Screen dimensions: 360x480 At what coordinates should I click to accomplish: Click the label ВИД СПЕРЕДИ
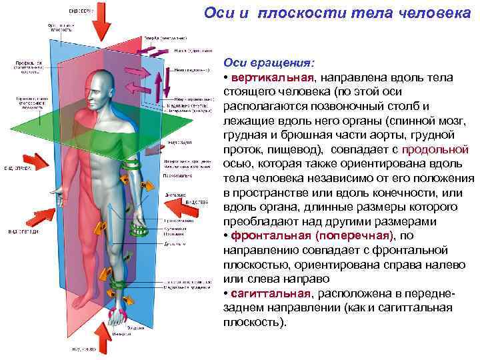pyautogui.click(x=23, y=231)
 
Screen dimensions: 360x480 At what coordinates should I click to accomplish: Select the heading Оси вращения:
pyautogui.click(x=268, y=63)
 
